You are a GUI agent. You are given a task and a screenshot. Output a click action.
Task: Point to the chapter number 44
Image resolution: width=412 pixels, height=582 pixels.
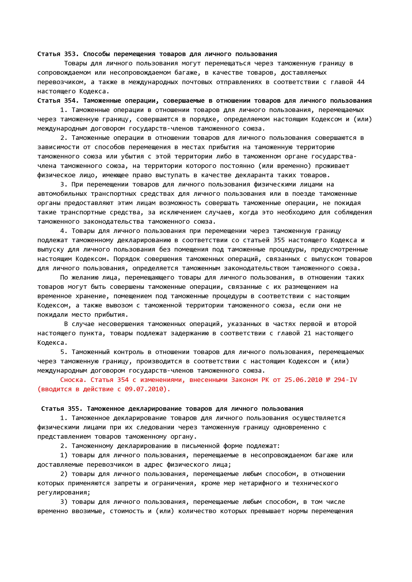point(361,82)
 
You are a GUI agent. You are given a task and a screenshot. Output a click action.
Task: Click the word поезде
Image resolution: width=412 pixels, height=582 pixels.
point(304,194)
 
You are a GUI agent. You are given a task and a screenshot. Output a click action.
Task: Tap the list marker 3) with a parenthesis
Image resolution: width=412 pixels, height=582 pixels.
point(64,502)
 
